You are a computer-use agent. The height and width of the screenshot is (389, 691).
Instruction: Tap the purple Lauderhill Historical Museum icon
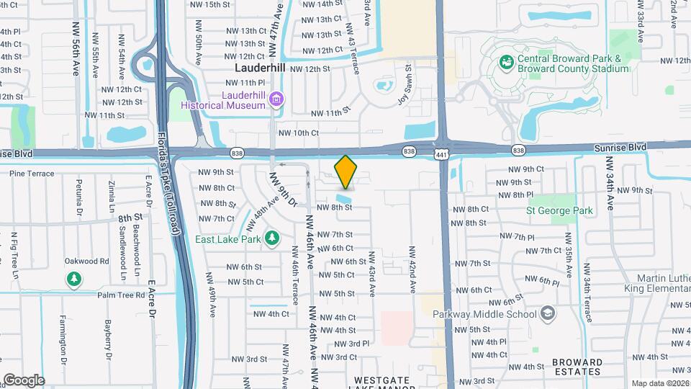point(276,99)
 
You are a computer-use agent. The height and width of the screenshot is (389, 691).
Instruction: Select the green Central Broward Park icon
point(507,63)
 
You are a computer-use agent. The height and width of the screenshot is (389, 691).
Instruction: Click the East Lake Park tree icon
point(271,237)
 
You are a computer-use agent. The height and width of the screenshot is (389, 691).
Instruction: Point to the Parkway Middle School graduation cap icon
point(548,313)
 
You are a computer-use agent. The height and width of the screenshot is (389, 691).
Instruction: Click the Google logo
point(24,380)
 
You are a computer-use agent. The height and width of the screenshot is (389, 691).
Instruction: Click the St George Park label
point(559,211)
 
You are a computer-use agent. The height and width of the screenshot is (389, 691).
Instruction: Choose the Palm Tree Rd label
point(122,294)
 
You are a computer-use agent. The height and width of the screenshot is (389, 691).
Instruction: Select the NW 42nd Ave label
point(414,272)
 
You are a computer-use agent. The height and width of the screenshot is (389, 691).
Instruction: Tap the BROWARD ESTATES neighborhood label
point(577,367)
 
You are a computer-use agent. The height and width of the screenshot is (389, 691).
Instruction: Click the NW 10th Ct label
point(298,133)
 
